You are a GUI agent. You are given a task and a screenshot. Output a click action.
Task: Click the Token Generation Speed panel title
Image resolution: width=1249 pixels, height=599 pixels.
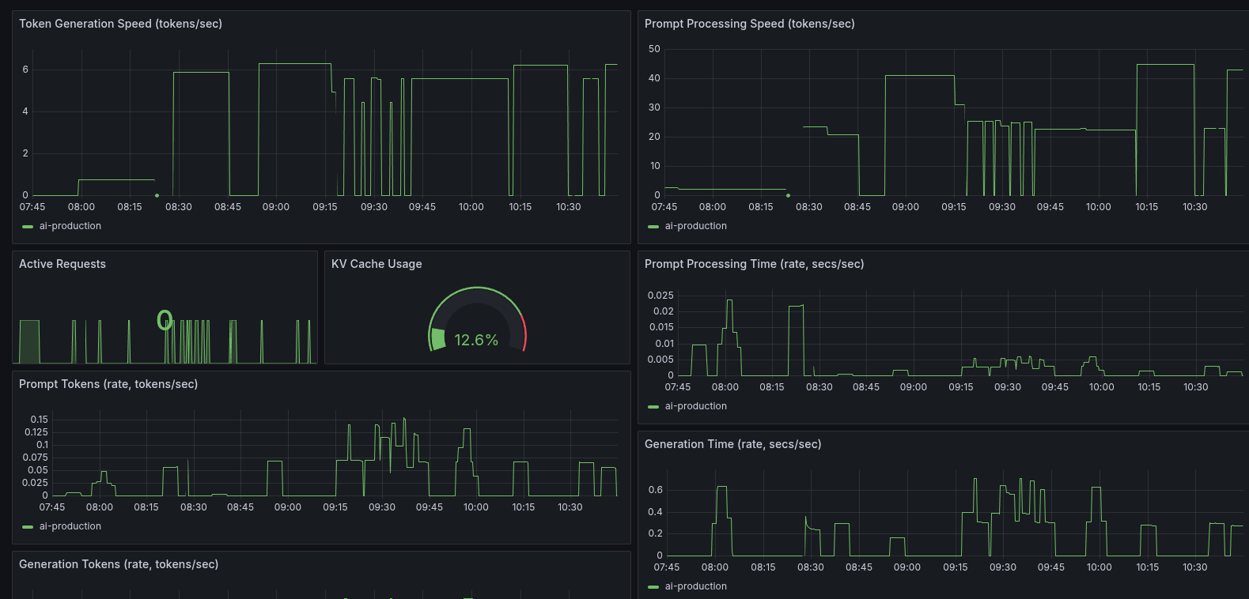(120, 24)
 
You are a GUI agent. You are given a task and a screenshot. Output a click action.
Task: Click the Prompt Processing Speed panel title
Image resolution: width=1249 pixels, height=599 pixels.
(749, 24)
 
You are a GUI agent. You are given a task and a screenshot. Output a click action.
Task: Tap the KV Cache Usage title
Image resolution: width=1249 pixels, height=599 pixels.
(377, 264)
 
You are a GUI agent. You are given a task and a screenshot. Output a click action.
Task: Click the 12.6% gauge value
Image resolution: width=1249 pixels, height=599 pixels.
(476, 340)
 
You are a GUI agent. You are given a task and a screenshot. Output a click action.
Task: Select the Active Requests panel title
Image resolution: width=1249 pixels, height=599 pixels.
(62, 264)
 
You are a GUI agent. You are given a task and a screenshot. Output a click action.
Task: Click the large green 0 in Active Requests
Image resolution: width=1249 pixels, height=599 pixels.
(165, 320)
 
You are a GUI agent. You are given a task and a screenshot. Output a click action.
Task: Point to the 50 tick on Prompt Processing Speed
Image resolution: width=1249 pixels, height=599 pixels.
(654, 49)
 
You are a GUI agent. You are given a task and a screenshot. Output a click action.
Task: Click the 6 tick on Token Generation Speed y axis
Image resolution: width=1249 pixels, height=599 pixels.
(25, 70)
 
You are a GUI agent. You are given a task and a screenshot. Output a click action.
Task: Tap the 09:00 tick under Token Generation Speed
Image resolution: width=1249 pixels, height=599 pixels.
(276, 207)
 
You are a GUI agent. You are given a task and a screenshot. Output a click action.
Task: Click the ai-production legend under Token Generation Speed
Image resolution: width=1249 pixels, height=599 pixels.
(70, 226)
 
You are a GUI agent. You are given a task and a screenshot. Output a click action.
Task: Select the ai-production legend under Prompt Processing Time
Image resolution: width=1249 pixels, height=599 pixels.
(695, 406)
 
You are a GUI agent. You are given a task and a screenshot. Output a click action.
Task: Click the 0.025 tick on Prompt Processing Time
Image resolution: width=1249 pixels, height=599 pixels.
(660, 296)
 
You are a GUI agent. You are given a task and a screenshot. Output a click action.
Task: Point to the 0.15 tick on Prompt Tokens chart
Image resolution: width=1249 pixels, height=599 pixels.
(40, 420)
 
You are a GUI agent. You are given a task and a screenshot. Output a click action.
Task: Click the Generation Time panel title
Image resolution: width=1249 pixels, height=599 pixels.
(732, 444)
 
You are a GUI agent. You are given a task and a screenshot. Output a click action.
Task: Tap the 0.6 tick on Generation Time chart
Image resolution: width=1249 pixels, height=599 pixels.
(655, 490)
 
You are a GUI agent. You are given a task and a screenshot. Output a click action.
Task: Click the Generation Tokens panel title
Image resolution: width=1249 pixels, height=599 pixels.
(119, 564)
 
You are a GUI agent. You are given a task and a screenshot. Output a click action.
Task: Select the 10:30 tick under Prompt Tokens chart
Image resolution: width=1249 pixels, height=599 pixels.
(570, 507)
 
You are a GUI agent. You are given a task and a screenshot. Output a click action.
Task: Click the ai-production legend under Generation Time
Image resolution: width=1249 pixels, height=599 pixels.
(695, 586)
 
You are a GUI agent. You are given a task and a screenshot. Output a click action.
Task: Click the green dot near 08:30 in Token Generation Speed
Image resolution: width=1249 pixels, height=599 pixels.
(157, 195)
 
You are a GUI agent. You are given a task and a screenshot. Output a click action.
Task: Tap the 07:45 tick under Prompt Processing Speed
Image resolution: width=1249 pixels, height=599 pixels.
(664, 207)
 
